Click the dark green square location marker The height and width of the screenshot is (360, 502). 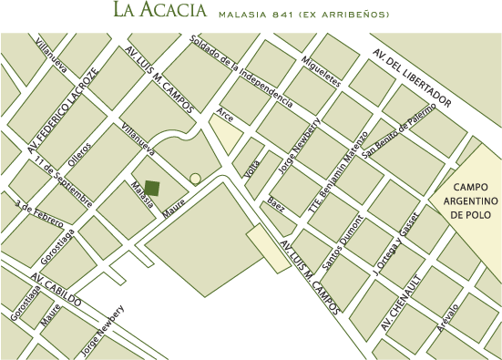pyautogui.click(x=153, y=189)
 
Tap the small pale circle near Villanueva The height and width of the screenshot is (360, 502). pyautogui.click(x=194, y=179)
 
